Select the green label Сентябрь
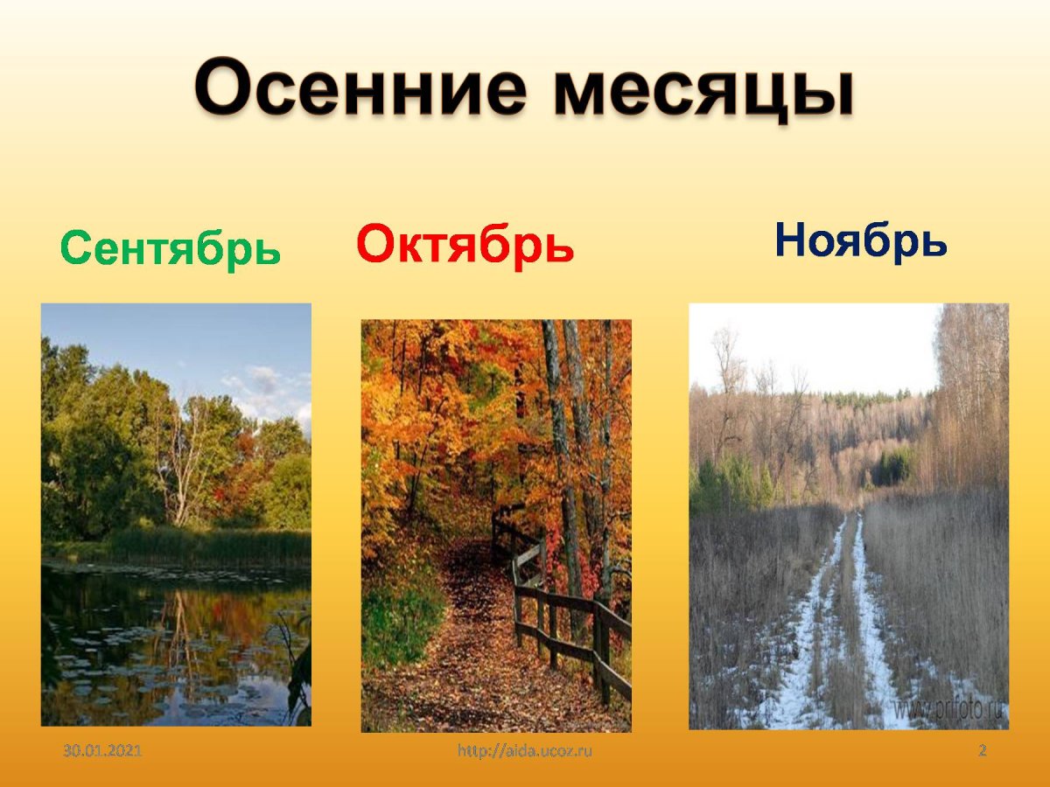[x=171, y=248]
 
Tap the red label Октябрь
[x=465, y=244]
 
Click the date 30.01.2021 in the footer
[x=102, y=751]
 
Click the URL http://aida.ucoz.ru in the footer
[x=525, y=751]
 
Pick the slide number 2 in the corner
[x=983, y=751]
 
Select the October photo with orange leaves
[x=496, y=525]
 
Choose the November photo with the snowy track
[x=848, y=516]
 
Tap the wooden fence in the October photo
[x=569, y=612]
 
